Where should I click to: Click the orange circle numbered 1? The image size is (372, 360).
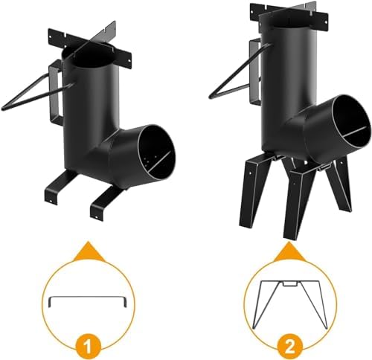click(88, 347)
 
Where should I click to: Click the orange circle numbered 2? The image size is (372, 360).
click(290, 346)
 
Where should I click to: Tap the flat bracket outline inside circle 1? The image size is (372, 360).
click(88, 297)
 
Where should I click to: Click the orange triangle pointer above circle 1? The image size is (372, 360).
click(89, 252)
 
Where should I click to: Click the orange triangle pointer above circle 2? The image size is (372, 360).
click(289, 252)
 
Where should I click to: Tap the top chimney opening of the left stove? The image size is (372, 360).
click(88, 57)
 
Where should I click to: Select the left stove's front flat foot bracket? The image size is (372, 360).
click(104, 202)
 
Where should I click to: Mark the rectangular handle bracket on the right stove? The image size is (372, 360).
click(255, 72)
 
